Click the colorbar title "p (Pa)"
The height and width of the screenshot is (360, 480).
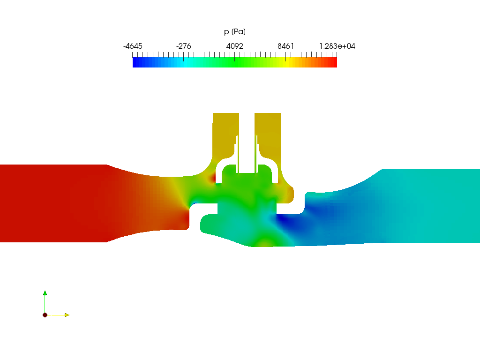click(235, 31)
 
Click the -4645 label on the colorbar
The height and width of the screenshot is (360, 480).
click(133, 46)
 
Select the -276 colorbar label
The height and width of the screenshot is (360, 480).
click(183, 46)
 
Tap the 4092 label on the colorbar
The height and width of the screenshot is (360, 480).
click(234, 46)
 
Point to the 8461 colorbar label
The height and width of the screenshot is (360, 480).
click(285, 46)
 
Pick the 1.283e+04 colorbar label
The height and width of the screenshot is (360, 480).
click(337, 46)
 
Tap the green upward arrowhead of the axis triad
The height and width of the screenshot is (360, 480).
click(45, 293)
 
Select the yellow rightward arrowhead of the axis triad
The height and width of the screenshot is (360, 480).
click(67, 315)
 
